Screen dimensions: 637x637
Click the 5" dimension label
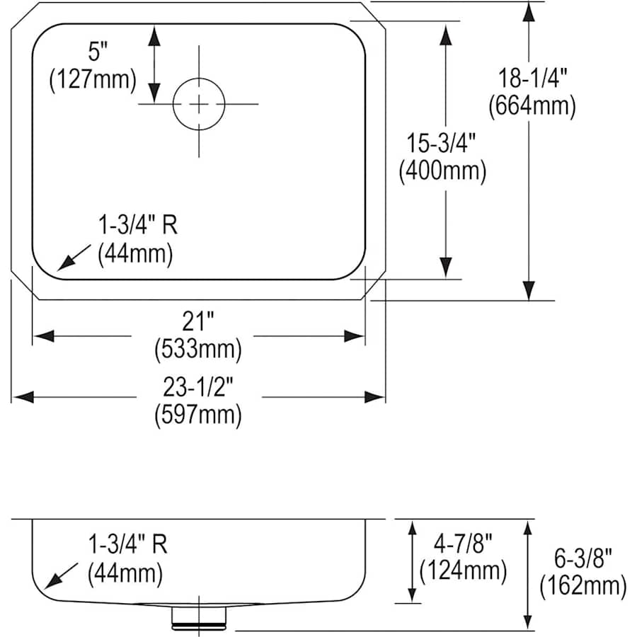98,52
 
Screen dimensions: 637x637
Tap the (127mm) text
93,79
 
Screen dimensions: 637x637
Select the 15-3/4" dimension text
441,143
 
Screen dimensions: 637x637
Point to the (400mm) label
442,171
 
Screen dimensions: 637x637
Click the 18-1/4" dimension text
532,78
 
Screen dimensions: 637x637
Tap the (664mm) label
532,106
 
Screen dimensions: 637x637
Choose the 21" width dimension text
198,321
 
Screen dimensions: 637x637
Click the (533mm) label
198,350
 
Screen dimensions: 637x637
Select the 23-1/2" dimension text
198,386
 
